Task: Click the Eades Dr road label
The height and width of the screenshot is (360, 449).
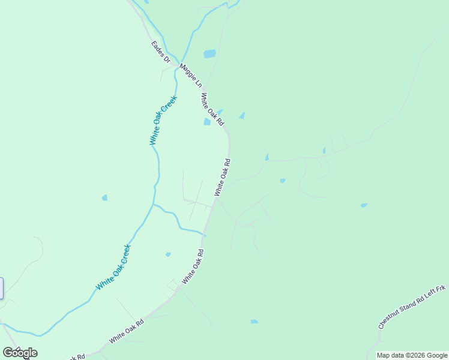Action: click(x=161, y=52)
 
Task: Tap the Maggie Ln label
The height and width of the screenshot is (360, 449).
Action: click(x=191, y=76)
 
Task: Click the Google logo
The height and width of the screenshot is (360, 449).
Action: click(x=20, y=353)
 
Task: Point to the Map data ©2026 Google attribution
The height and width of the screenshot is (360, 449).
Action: click(x=412, y=355)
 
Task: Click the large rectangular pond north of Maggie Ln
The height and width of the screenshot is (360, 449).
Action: click(x=209, y=54)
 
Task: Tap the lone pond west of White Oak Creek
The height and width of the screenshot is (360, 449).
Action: click(x=104, y=197)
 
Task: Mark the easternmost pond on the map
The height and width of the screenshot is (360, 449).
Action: click(x=364, y=205)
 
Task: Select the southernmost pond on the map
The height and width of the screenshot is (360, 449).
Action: click(x=254, y=322)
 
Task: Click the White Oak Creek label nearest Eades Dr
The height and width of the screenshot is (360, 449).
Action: click(x=163, y=120)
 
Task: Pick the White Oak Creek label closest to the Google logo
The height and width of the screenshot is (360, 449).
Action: click(x=113, y=268)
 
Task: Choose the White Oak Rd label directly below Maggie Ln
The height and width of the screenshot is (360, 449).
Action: click(x=212, y=109)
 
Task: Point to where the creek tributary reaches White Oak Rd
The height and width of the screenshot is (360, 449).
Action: click(x=205, y=234)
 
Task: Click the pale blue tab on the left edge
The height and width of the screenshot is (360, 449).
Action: click(x=1, y=289)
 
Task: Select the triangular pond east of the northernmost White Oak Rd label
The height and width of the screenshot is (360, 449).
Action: click(x=242, y=115)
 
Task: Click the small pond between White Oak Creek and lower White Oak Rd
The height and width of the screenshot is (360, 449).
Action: click(x=168, y=254)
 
